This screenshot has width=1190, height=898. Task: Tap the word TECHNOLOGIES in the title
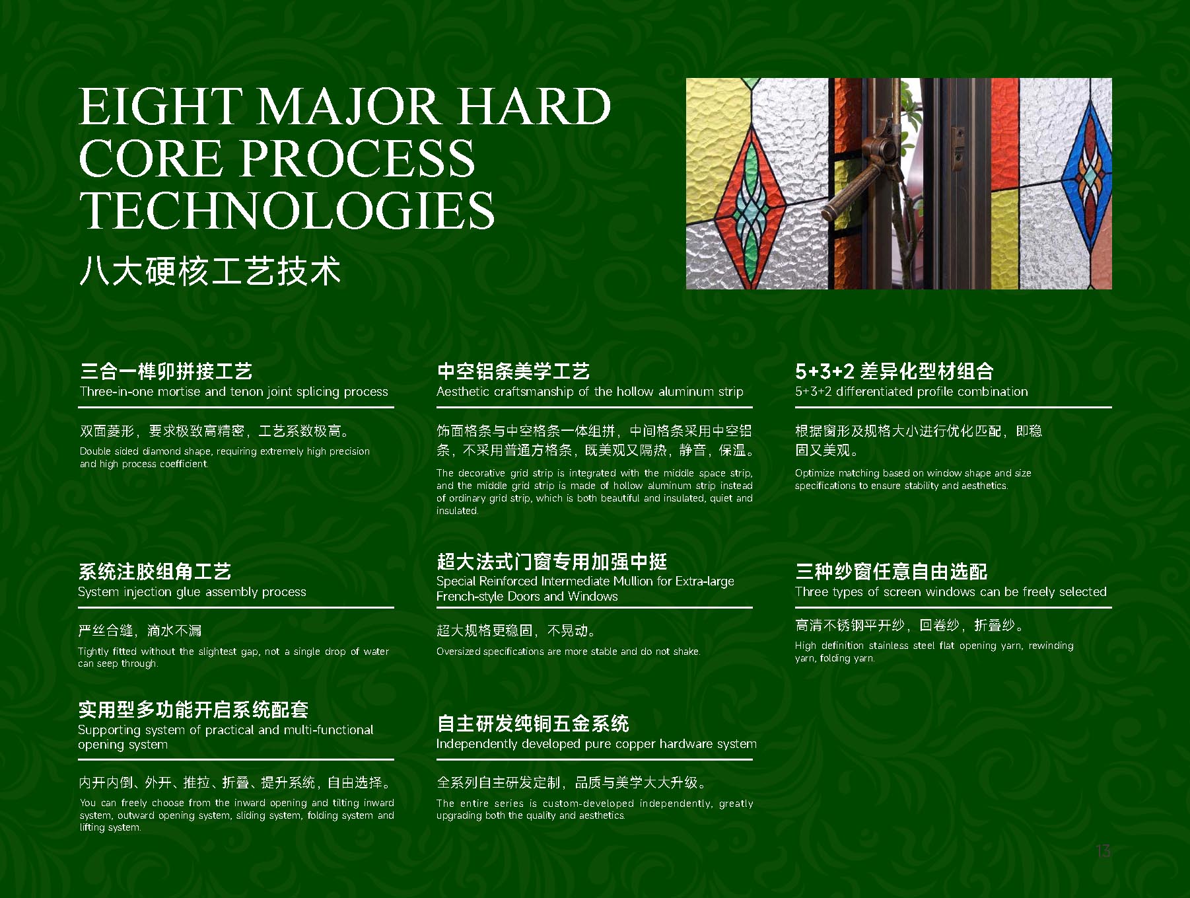[287, 210]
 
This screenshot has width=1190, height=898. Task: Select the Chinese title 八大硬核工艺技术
[210, 271]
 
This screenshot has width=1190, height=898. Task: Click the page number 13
[1103, 851]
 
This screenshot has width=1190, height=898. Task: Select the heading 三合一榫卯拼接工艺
[166, 371]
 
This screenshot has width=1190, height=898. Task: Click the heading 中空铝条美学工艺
[513, 371]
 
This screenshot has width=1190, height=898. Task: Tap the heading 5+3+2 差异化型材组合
[894, 371]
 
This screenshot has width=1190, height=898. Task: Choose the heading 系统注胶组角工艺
[155, 572]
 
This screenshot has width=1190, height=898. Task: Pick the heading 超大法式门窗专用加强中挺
[552, 562]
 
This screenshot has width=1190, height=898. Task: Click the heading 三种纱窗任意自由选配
[892, 572]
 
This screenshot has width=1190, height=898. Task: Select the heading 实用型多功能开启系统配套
[193, 710]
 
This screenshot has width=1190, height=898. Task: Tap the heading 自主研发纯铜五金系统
[533, 724]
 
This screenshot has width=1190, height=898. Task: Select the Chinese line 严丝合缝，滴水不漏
[140, 630]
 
